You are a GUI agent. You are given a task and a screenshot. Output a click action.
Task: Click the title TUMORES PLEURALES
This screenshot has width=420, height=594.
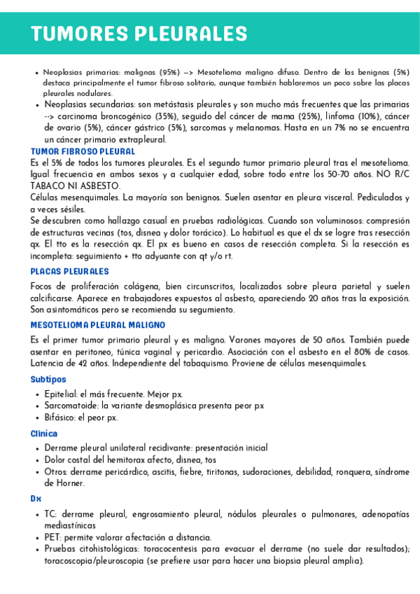139,33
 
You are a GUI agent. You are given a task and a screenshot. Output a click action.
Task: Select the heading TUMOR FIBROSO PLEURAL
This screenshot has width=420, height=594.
83,151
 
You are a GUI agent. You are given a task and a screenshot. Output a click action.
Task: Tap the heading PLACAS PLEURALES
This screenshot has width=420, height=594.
70,271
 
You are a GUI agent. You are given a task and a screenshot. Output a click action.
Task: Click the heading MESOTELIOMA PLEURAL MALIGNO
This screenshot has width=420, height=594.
98,325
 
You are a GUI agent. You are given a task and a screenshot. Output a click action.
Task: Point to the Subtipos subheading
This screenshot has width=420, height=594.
48,379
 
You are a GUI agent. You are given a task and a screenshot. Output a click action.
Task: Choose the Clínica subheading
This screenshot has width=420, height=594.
44,434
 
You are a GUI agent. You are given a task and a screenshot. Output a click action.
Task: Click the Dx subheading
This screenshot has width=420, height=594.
36,498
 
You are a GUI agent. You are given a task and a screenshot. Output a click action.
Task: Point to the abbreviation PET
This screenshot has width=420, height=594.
52,537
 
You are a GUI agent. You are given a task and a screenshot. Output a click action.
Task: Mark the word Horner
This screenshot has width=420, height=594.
69,483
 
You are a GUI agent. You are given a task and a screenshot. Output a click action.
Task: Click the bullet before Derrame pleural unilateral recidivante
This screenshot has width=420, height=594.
36,448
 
